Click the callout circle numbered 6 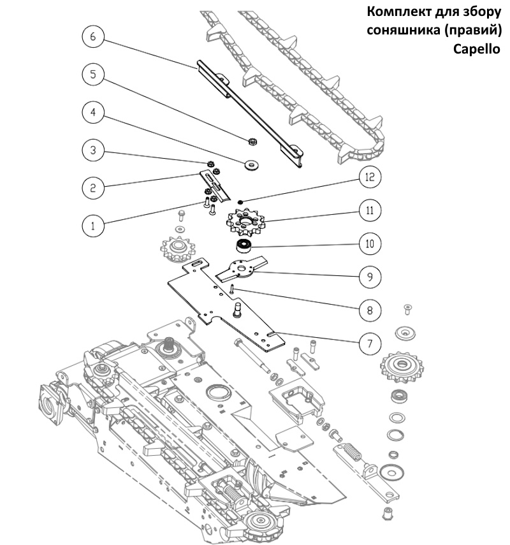coord(93,37)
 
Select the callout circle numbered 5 coord(93,74)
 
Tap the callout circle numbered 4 coord(93,112)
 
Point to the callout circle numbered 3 coord(93,150)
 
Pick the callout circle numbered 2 coord(93,187)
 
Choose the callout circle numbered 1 coord(93,224)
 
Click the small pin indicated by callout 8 coord(233,290)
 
